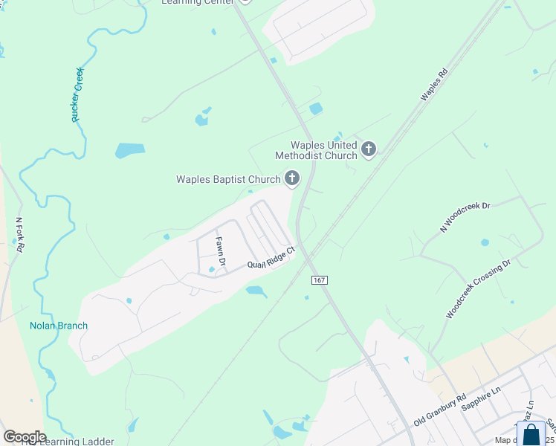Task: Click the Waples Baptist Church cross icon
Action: pyautogui.click(x=292, y=178)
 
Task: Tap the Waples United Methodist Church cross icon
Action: pyautogui.click(x=368, y=150)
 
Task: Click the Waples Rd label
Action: pyautogui.click(x=435, y=85)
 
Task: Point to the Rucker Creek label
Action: pyautogui.click(x=77, y=94)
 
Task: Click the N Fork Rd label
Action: pyautogui.click(x=20, y=234)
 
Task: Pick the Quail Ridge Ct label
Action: pyautogui.click(x=271, y=259)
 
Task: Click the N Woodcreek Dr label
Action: pyautogui.click(x=465, y=216)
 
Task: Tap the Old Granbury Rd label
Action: pyautogui.click(x=439, y=410)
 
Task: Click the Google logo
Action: pyautogui.click(x=25, y=437)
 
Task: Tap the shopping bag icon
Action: pyautogui.click(x=531, y=434)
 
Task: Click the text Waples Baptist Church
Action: pyautogui.click(x=228, y=179)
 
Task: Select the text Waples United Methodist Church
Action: pyautogui.click(x=316, y=150)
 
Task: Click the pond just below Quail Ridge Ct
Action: pyautogui.click(x=256, y=291)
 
